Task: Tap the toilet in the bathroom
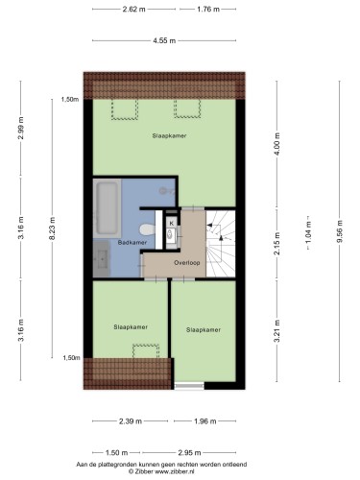pyautogui.click(x=147, y=229)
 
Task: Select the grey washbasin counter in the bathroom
pyautogui.click(x=102, y=258)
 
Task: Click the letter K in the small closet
pyautogui.click(x=172, y=223)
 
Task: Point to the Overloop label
pyautogui.click(x=187, y=263)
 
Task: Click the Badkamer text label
pyautogui.click(x=132, y=243)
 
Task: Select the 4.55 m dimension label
pyautogui.click(x=164, y=40)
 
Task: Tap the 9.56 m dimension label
pyautogui.click(x=340, y=231)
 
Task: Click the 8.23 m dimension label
pyautogui.click(x=53, y=228)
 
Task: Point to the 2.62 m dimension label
pyautogui.click(x=133, y=10)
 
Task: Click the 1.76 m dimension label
pyautogui.click(x=208, y=10)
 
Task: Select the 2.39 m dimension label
pyautogui.click(x=131, y=421)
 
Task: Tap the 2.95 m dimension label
pyautogui.click(x=189, y=452)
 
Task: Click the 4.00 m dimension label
pyautogui.click(x=277, y=144)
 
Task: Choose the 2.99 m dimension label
pyautogui.click(x=21, y=128)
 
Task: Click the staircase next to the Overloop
pyautogui.click(x=221, y=244)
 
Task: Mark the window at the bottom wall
pyautogui.click(x=189, y=386)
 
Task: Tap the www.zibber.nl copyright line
pyautogui.click(x=161, y=471)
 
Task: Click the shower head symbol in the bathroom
pyautogui.click(x=166, y=191)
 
